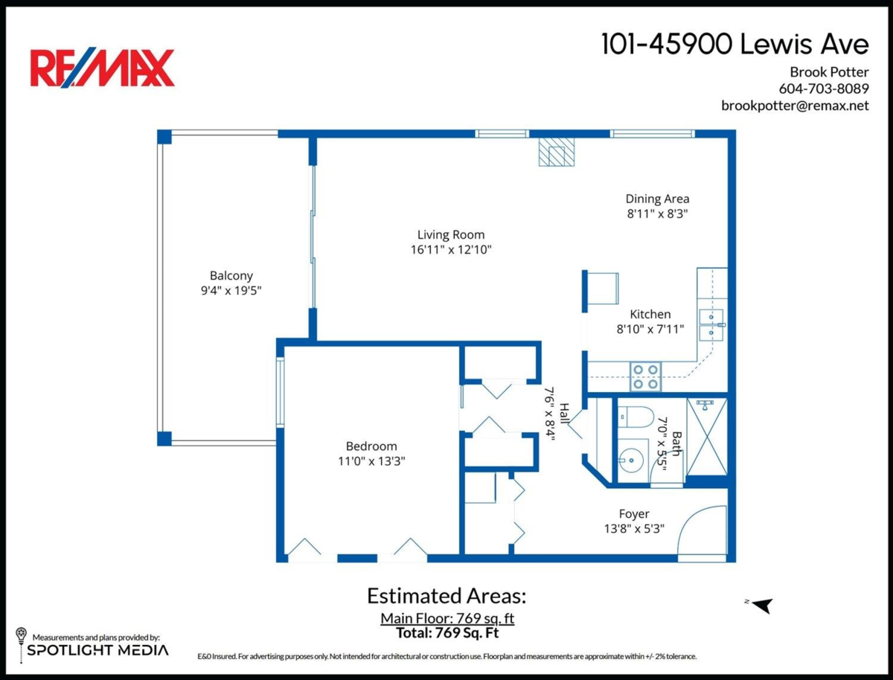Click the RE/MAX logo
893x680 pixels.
pyautogui.click(x=102, y=68)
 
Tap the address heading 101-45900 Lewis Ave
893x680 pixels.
pyautogui.click(x=735, y=44)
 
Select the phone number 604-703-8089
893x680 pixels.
pyautogui.click(x=824, y=89)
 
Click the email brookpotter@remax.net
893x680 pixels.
pyautogui.click(x=795, y=106)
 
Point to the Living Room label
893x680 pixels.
pyautogui.click(x=451, y=234)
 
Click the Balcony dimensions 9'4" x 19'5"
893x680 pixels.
pyautogui.click(x=231, y=290)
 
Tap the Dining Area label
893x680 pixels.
pyautogui.click(x=657, y=199)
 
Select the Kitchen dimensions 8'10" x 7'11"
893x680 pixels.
pyautogui.click(x=650, y=329)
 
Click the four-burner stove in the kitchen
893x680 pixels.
pyautogui.click(x=646, y=376)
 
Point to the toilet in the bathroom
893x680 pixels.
pyautogui.click(x=635, y=417)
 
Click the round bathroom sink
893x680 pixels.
pyautogui.click(x=630, y=461)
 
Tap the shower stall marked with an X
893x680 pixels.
pyautogui.click(x=707, y=437)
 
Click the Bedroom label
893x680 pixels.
pyautogui.click(x=371, y=446)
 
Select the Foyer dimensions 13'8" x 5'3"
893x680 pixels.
pyautogui.click(x=634, y=529)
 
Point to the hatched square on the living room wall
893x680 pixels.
pyautogui.click(x=557, y=152)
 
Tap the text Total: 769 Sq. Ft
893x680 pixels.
pyautogui.click(x=447, y=633)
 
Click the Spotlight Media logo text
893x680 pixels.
pyautogui.click(x=97, y=650)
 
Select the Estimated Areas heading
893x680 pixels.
pyautogui.click(x=446, y=596)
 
